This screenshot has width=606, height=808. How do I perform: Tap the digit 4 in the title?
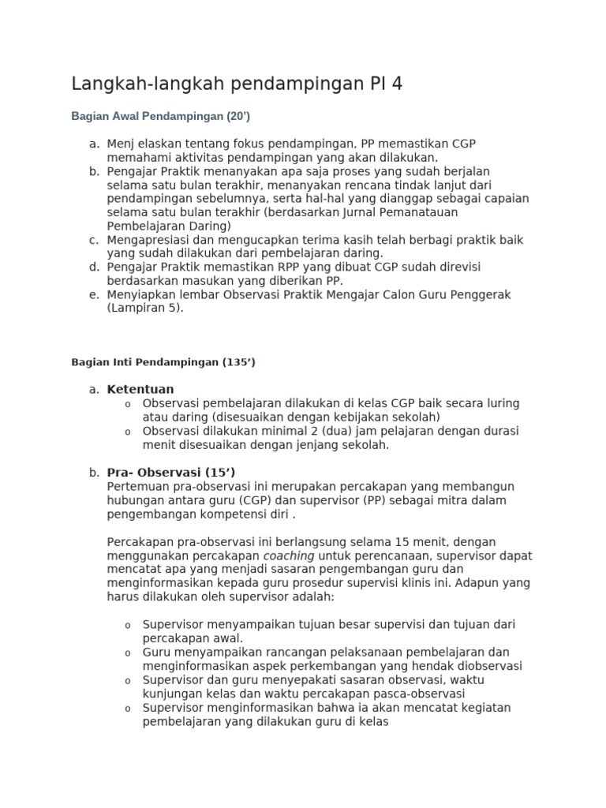pyautogui.click(x=397, y=84)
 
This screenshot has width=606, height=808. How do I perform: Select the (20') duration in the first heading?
pyautogui.click(x=237, y=116)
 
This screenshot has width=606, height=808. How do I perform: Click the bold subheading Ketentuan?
pyautogui.click(x=140, y=389)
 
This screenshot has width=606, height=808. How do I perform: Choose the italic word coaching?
pyautogui.click(x=288, y=555)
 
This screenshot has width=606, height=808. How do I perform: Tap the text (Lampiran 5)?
pyautogui.click(x=145, y=308)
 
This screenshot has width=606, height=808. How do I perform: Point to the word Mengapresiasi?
pyautogui.click(x=148, y=239)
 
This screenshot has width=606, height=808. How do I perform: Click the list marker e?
pyautogui.click(x=94, y=294)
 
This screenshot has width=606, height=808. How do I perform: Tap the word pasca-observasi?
pyautogui.click(x=421, y=693)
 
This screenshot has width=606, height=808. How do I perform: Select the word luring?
pyautogui.click(x=502, y=403)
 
